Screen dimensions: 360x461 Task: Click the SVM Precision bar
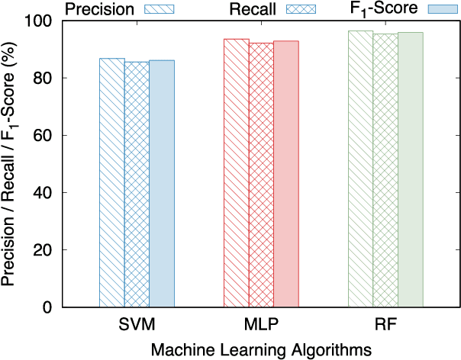[x=112, y=183]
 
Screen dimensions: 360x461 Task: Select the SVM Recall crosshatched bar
[x=137, y=185]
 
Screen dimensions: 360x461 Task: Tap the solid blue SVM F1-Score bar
[x=162, y=184]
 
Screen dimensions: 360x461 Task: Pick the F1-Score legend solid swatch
[x=441, y=9]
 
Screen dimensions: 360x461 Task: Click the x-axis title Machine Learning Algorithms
[x=261, y=348]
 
